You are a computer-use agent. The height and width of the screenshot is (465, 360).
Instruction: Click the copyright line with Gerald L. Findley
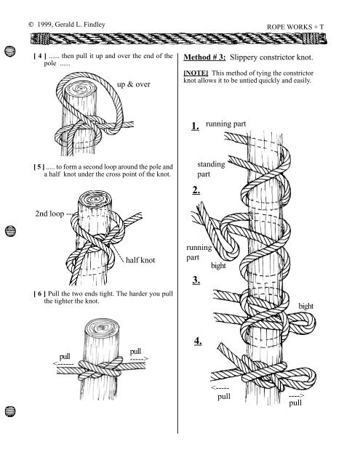[67, 25]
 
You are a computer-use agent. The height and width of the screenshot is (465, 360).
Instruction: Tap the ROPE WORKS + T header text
[295, 27]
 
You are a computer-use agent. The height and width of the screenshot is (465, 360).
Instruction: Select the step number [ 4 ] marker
[40, 56]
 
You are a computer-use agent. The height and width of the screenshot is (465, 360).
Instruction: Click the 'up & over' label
[134, 84]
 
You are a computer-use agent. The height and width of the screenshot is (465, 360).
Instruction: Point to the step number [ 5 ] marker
[39, 166]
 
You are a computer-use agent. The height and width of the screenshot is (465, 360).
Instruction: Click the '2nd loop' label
[49, 214]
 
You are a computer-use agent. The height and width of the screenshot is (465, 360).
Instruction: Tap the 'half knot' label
[140, 260]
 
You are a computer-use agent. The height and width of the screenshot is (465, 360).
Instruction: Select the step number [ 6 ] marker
[40, 294]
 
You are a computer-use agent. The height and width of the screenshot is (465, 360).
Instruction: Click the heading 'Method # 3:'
[204, 57]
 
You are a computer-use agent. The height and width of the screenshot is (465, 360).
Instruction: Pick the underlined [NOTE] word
[196, 73]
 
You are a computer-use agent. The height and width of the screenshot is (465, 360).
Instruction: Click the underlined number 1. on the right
[196, 126]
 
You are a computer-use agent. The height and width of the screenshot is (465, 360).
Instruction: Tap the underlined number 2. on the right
[196, 190]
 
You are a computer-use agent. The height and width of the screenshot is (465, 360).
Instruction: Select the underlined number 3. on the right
[196, 280]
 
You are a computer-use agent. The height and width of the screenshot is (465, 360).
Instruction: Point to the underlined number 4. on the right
[198, 341]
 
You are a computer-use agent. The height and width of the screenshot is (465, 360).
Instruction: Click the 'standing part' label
[211, 169]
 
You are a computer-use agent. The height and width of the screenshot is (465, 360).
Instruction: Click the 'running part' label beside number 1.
[226, 124]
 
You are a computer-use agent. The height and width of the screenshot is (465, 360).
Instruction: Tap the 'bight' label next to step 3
[305, 306]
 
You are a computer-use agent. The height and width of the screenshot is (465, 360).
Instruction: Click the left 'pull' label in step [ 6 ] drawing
[65, 357]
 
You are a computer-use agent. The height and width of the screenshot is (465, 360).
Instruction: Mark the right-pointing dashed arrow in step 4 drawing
[296, 395]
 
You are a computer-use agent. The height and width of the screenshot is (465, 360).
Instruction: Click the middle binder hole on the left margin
[10, 231]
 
